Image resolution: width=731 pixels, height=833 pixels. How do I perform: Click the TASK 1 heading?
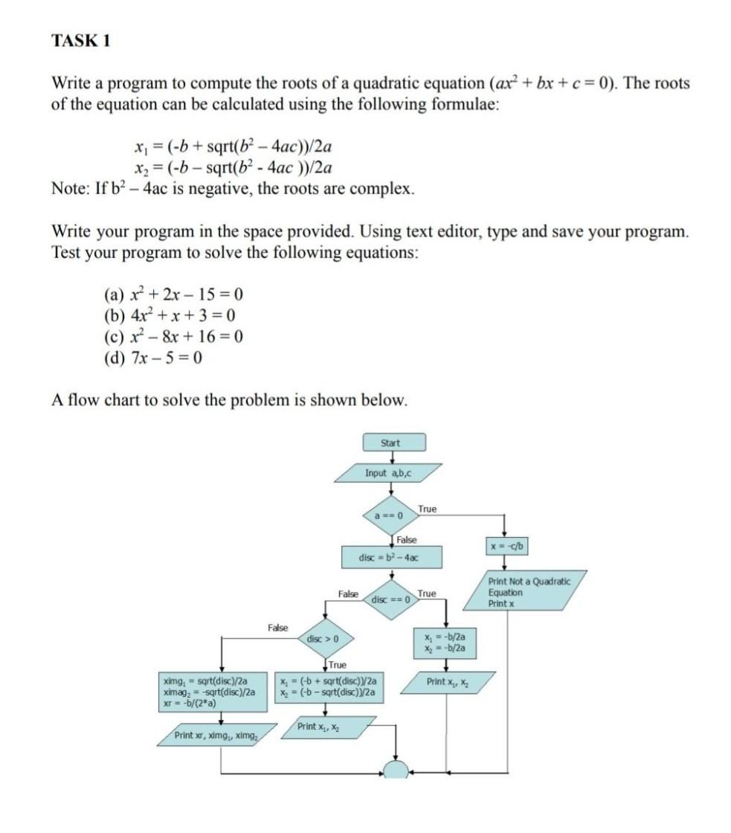(81, 41)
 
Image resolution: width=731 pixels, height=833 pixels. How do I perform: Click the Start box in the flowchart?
(390, 443)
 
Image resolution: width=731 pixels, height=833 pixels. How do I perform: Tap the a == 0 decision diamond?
(392, 515)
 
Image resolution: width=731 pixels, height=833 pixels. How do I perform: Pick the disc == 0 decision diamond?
(392, 599)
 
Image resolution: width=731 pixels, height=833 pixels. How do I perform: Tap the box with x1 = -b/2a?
(445, 643)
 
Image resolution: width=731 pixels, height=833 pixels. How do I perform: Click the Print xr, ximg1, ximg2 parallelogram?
(216, 735)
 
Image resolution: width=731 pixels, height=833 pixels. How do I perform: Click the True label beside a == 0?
(428, 509)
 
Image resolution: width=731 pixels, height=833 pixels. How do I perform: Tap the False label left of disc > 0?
(278, 628)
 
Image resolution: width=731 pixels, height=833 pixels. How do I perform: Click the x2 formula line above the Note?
(231, 167)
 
